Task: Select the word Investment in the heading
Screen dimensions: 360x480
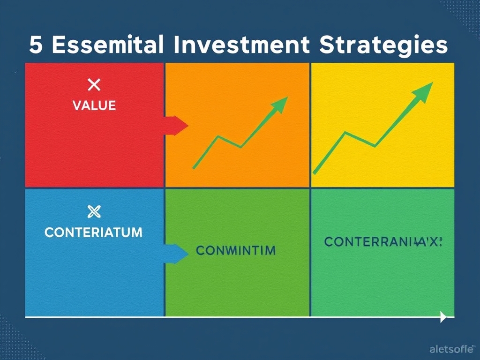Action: click(242, 45)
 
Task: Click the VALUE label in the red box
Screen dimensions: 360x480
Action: click(94, 105)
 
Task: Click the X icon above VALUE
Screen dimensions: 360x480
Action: click(94, 85)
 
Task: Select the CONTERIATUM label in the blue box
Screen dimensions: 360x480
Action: click(93, 232)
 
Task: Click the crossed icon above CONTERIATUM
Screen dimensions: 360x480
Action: click(94, 212)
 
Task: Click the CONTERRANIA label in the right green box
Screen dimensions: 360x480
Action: click(382, 242)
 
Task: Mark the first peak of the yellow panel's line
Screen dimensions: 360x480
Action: click(345, 133)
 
